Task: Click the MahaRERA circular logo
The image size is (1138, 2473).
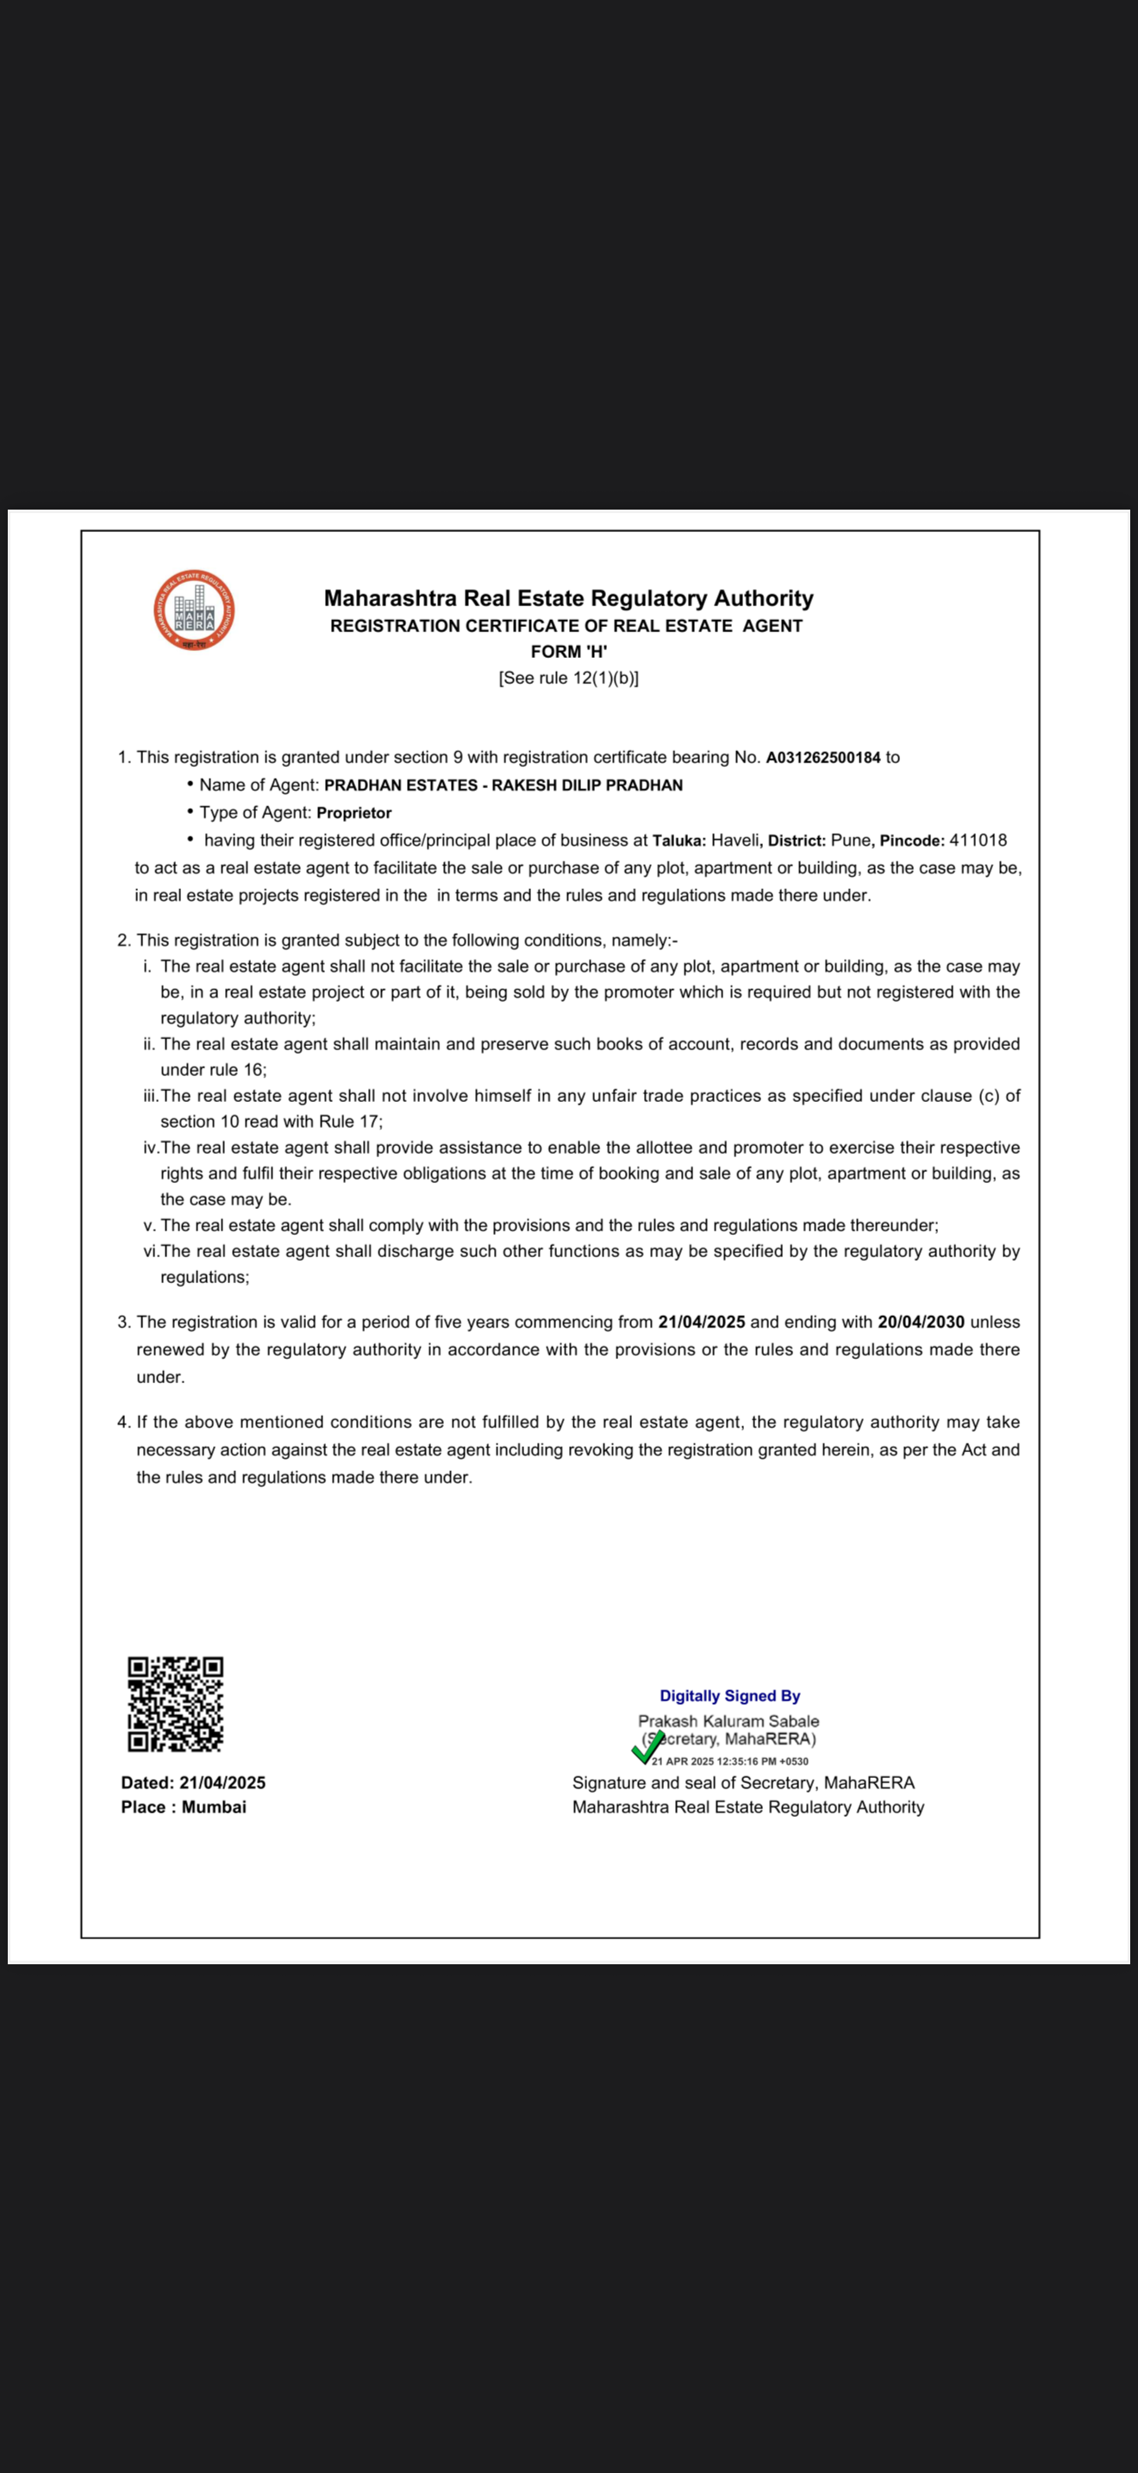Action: pos(194,610)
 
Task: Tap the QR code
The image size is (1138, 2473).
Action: pos(176,1703)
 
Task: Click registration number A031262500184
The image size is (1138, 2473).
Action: pos(822,757)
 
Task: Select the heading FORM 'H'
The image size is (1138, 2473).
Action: pos(568,651)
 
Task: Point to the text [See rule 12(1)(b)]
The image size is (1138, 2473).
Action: pos(568,678)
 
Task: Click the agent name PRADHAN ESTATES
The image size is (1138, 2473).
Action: pos(400,786)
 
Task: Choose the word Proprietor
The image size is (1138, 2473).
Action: pos(354,813)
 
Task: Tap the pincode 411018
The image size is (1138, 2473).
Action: pos(978,840)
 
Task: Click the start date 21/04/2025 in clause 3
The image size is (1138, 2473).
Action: pos(702,1322)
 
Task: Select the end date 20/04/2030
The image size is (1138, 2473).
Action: pos(920,1322)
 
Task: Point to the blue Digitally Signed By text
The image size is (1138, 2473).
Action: pos(729,1696)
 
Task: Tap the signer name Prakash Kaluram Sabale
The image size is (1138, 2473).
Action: pos(728,1721)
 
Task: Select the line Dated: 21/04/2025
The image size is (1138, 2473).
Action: pos(193,1782)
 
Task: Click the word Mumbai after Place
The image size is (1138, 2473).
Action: pos(214,1806)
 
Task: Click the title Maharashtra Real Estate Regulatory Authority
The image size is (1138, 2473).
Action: pos(568,598)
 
